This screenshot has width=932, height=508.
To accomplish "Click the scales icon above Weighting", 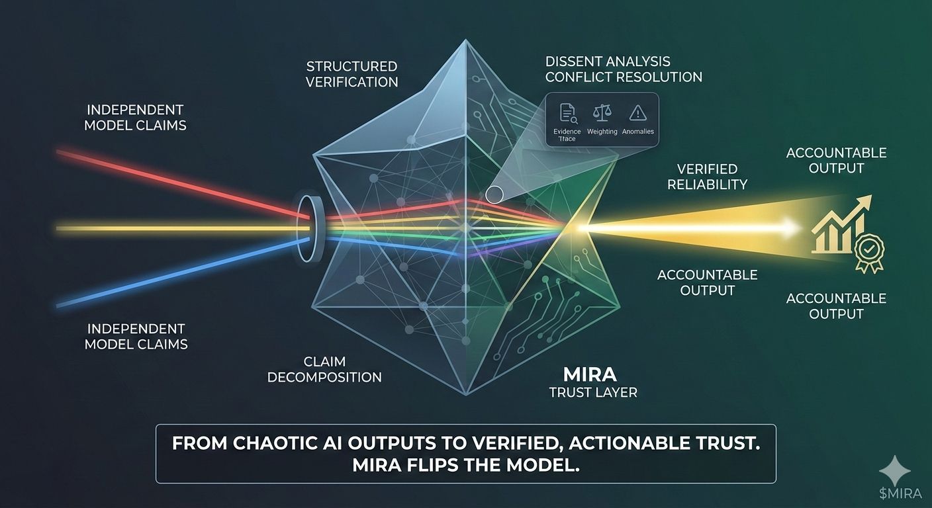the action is [602, 113].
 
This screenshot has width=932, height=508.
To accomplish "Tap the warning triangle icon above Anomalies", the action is [637, 113].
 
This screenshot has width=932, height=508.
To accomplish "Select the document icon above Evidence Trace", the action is [568, 113].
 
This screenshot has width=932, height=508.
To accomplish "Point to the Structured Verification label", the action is [352, 74].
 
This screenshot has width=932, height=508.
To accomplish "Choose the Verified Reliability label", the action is [707, 177].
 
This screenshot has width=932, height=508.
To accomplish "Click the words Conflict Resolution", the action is [624, 77].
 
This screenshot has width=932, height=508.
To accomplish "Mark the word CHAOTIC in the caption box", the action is [272, 443].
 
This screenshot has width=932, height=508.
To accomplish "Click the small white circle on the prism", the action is [494, 194].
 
